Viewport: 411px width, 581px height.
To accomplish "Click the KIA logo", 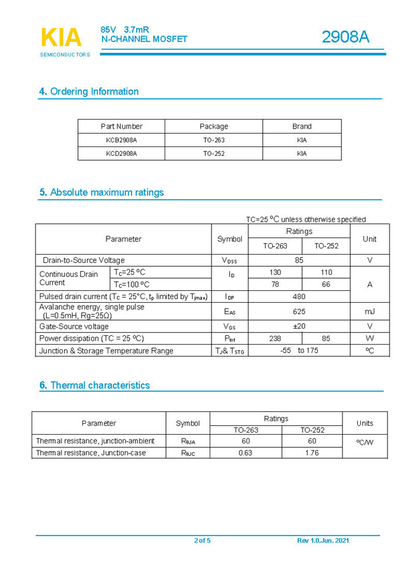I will click(x=61, y=38).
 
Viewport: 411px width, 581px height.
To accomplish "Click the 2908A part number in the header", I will click(x=345, y=37).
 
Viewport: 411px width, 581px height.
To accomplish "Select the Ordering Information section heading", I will click(x=89, y=91).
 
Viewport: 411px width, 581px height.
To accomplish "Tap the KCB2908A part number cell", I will click(x=122, y=140).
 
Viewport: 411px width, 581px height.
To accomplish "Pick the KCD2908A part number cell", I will click(x=122, y=153).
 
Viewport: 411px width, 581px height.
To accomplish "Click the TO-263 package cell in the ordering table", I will click(x=213, y=140).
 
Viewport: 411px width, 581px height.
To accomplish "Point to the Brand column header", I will click(x=301, y=126).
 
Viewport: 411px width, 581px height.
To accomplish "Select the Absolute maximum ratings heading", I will click(x=101, y=192).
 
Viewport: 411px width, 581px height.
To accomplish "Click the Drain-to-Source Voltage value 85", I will click(x=299, y=260).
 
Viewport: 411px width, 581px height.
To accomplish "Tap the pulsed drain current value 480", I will click(x=299, y=297).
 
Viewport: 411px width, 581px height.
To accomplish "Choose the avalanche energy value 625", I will click(x=299, y=311).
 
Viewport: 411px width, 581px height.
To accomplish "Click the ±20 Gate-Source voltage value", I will click(x=299, y=326).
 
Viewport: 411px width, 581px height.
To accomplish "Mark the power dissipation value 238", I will click(x=275, y=338).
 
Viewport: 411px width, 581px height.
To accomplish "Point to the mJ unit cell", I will click(x=370, y=311).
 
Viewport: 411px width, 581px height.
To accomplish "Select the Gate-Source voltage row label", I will click(x=74, y=326).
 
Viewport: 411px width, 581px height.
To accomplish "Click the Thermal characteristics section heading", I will click(x=94, y=385).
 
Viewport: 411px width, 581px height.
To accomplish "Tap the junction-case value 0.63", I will click(x=245, y=453).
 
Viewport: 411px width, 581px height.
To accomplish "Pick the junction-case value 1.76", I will click(x=312, y=453).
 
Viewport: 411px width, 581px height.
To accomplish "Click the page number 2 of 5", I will click(x=202, y=540).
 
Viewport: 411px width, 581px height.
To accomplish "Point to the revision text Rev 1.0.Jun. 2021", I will click(x=323, y=540).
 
